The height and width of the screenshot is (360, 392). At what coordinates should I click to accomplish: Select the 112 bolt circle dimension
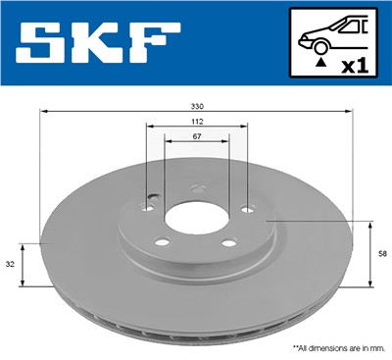coord(196,122)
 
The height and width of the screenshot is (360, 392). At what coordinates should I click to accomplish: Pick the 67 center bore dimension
coord(196,136)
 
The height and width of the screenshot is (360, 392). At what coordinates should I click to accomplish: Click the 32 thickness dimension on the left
coord(11,264)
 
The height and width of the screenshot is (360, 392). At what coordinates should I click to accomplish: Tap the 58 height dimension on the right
coord(382,254)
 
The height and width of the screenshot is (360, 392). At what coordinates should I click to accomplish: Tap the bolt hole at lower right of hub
coord(229,243)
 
